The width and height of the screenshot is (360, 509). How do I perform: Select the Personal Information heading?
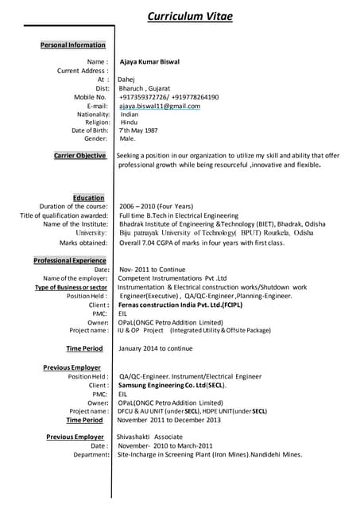tap(73, 45)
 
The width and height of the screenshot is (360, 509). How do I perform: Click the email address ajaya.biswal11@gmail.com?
tap(160, 106)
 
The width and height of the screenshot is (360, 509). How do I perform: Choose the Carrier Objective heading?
tap(79, 156)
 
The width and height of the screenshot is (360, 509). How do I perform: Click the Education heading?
tap(88, 198)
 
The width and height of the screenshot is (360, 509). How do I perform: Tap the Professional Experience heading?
tap(70, 261)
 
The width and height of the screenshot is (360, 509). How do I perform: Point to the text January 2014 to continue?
tap(156, 348)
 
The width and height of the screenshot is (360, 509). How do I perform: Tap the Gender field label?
tap(96, 138)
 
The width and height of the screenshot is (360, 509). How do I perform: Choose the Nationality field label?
tap(89, 115)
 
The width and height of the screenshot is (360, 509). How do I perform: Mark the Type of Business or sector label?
tap(71, 287)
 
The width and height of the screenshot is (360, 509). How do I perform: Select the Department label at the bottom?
tap(91, 455)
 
